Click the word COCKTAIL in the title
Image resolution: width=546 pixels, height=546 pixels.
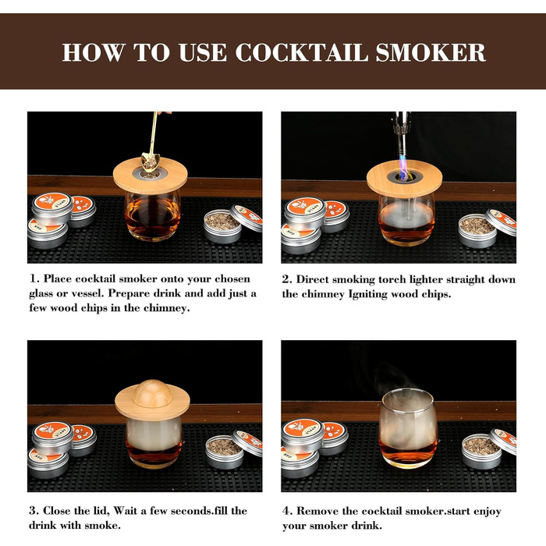302,52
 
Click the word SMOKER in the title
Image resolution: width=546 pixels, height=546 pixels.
431,52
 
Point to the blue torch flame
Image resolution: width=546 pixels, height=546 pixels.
403,167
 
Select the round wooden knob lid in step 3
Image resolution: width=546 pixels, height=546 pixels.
153,393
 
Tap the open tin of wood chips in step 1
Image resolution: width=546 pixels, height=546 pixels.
222,226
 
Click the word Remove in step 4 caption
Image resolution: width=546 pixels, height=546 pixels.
317,511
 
